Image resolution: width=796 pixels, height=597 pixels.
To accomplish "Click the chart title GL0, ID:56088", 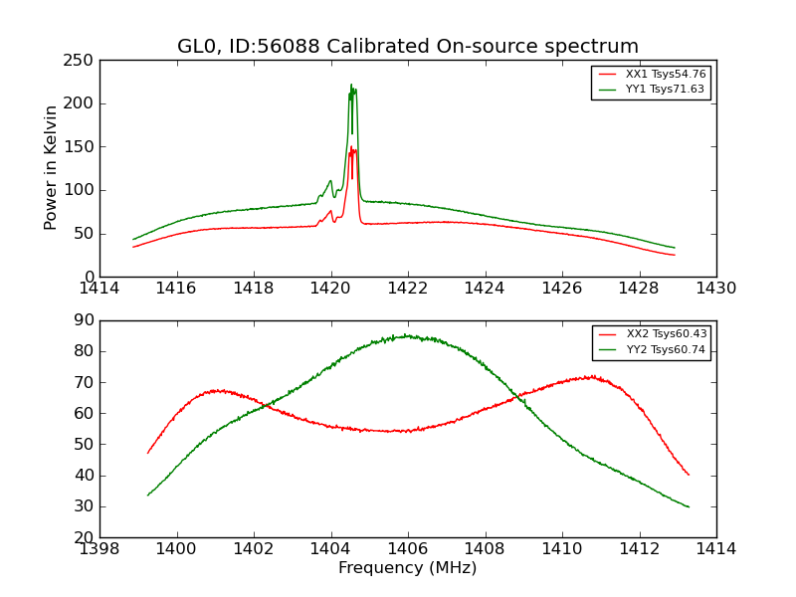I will [407, 47].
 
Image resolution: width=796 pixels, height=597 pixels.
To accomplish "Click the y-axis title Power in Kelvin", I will [52, 168].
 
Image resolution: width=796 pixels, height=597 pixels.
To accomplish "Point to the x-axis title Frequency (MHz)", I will [407, 568].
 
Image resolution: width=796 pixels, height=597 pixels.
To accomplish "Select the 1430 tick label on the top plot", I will [715, 289].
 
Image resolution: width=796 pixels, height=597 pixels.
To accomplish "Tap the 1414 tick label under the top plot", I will [100, 289].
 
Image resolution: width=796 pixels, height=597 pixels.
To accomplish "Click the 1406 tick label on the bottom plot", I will [408, 549].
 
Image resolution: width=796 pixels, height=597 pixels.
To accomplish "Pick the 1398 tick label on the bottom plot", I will [100, 549].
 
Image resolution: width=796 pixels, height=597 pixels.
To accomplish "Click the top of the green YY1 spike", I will [351, 85].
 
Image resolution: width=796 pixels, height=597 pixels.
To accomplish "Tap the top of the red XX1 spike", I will [351, 147].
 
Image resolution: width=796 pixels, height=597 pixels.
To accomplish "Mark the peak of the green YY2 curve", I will [405, 335].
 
